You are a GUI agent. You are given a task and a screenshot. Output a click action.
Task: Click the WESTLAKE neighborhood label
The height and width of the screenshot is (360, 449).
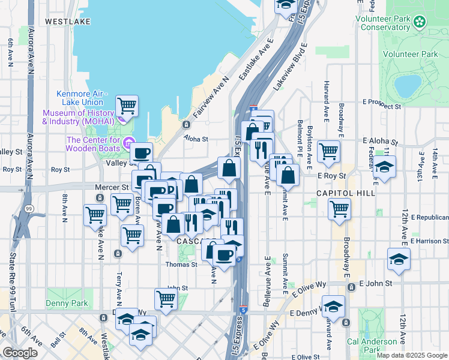68,21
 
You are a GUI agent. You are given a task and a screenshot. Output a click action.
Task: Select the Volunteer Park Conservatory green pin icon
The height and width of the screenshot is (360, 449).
420,23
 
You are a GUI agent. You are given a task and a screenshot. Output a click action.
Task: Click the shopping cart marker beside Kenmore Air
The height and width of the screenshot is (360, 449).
127,106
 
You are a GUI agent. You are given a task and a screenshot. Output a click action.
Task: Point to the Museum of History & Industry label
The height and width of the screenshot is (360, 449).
78,117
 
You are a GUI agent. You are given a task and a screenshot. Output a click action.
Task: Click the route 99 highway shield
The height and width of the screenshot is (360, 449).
29,208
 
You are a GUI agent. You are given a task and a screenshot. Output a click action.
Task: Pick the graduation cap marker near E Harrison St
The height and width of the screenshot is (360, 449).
398,259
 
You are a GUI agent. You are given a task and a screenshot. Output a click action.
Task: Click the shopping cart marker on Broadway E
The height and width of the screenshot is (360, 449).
339,209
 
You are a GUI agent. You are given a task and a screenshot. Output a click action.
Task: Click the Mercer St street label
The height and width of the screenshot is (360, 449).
112,187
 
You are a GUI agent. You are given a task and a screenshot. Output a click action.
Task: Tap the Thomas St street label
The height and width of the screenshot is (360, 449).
182,265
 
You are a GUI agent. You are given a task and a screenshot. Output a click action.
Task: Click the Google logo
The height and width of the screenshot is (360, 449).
20,353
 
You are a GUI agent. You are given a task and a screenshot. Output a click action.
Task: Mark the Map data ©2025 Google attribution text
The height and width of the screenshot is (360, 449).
412,355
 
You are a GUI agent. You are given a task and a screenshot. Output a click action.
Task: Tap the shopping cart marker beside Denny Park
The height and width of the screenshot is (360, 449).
165,298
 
